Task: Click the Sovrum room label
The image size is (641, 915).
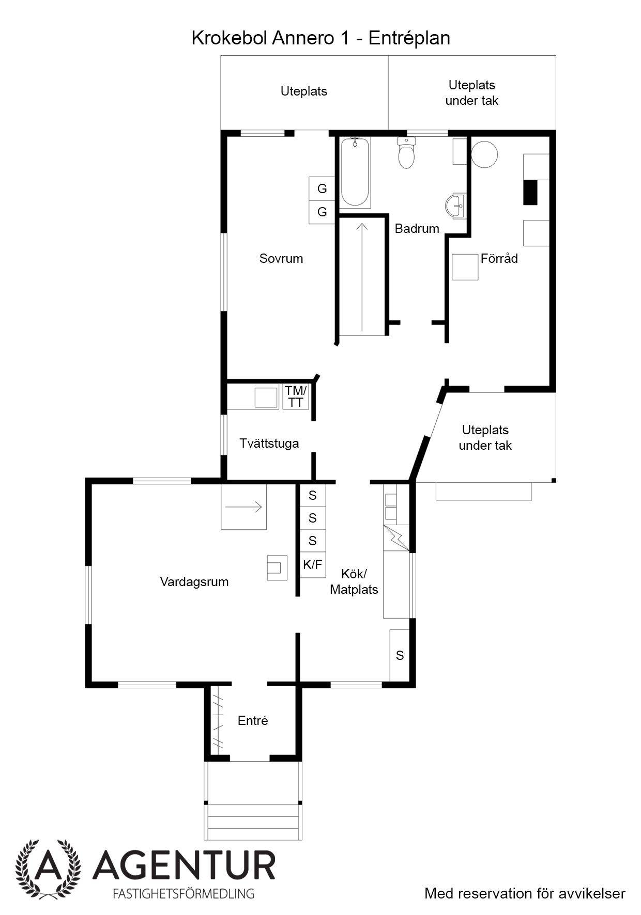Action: pyautogui.click(x=281, y=258)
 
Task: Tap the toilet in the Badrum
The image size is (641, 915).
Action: pyautogui.click(x=407, y=152)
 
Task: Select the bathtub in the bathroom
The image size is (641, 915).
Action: pyautogui.click(x=355, y=172)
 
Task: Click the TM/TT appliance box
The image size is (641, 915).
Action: pyautogui.click(x=296, y=397)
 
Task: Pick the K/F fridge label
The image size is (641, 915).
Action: pyautogui.click(x=312, y=565)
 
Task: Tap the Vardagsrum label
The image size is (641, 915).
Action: pyautogui.click(x=194, y=582)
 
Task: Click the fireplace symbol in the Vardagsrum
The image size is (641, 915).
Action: pyautogui.click(x=277, y=567)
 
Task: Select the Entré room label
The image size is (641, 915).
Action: pyautogui.click(x=253, y=720)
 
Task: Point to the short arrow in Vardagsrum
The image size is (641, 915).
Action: pyautogui.click(x=244, y=507)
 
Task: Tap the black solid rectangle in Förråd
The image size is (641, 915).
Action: pyautogui.click(x=530, y=192)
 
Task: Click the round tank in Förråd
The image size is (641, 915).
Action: pyautogui.click(x=484, y=154)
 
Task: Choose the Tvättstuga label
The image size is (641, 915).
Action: pyautogui.click(x=269, y=444)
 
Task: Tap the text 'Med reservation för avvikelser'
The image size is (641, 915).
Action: pyautogui.click(x=525, y=893)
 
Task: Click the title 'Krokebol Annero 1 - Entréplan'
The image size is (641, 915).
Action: pyautogui.click(x=320, y=38)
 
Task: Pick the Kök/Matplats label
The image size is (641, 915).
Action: pyautogui.click(x=354, y=581)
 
